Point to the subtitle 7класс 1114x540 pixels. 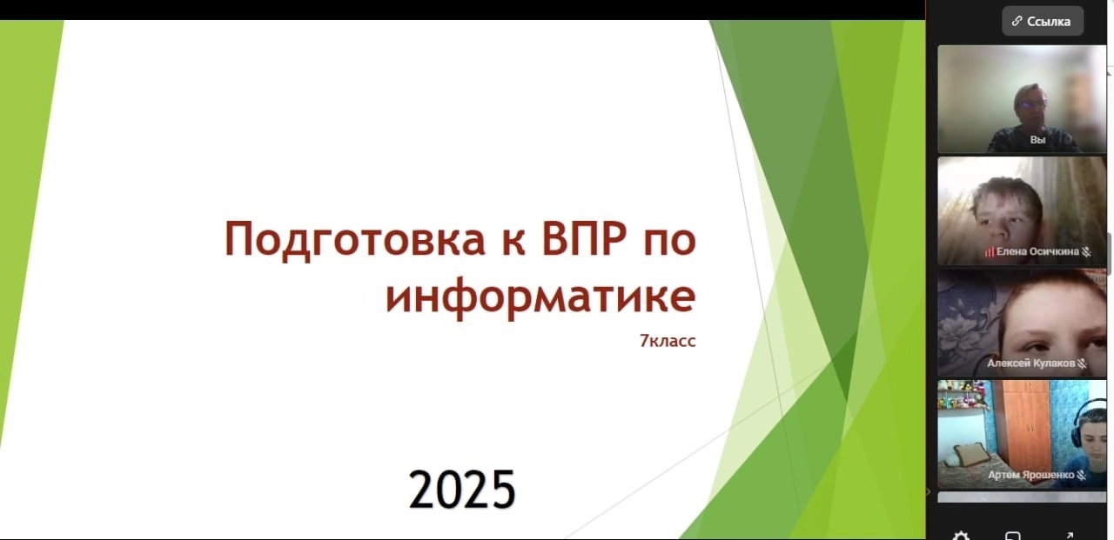pos(668,341)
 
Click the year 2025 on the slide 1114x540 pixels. pos(462,490)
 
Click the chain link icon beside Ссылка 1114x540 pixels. pos(1017,21)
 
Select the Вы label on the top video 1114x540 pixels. pos(1037,140)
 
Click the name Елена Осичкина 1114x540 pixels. pos(1037,251)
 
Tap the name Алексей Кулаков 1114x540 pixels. pos(1031,363)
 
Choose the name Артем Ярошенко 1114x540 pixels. pos(1031,475)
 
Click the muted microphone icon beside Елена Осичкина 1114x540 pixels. pos(1087,252)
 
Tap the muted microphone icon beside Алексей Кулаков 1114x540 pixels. pos(1082,363)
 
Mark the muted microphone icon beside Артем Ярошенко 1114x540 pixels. pos(1081,476)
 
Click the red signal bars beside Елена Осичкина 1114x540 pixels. pos(990,252)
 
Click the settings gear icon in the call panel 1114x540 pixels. pos(961,536)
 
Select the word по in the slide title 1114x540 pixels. pos(670,242)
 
